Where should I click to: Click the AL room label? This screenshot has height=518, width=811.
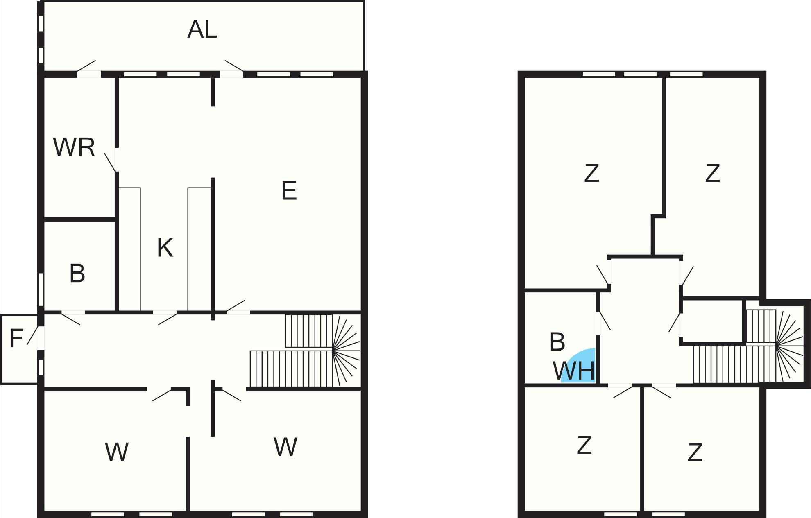202,29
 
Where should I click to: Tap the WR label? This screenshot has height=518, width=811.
74,147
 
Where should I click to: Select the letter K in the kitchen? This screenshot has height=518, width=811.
165,248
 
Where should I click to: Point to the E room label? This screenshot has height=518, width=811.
289,191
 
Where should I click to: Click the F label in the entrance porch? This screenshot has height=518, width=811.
16,339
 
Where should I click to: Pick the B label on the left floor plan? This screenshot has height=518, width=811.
77,274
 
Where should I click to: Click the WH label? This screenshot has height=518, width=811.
573,371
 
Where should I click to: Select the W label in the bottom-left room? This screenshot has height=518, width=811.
117,452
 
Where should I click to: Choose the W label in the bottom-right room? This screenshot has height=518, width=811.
285,447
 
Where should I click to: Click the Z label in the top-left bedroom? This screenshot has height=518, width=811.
591,173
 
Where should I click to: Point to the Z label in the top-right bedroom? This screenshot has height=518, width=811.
713,173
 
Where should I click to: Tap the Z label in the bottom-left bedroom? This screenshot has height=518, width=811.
584,445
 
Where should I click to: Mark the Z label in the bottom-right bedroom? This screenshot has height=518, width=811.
695,452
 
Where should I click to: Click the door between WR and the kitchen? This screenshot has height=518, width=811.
111,162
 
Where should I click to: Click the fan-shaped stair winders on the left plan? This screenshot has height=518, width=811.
346,350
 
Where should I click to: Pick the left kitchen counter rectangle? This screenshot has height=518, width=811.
130,249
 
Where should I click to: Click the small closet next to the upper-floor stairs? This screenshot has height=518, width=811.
712,321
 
